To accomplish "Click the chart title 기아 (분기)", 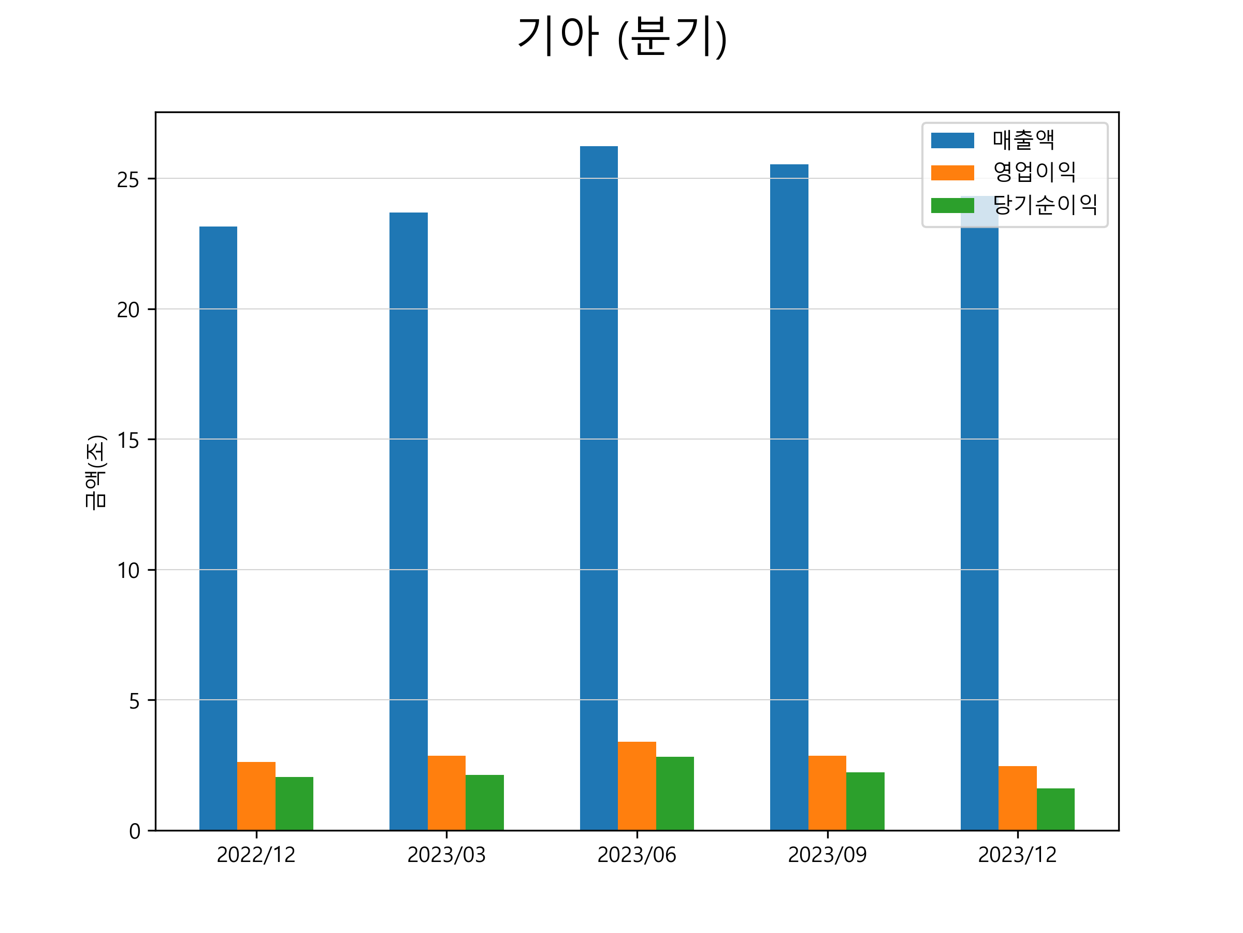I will (x=622, y=37).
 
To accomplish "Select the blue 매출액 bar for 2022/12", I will (x=218, y=529).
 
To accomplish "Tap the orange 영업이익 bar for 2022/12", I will (x=256, y=796).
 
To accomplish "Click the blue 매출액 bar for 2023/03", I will (x=409, y=521).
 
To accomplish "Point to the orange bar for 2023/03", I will (x=447, y=793).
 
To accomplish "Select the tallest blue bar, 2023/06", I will (x=599, y=488).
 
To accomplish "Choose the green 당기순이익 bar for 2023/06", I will (x=675, y=793).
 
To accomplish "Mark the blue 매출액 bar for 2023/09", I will (x=789, y=497).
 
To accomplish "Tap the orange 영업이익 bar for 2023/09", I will (x=827, y=793).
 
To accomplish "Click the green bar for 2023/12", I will (x=1056, y=809).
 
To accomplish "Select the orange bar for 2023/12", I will (x=1018, y=798).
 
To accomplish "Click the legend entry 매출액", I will (x=1023, y=140).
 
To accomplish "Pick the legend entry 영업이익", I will (x=1034, y=172).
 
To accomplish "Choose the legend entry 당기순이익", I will (x=1045, y=205).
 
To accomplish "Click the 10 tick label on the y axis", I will (x=127, y=570).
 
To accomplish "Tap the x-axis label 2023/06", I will (x=637, y=855).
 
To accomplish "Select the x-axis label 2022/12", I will (x=256, y=855).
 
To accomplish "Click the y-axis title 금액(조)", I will (x=95, y=472).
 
